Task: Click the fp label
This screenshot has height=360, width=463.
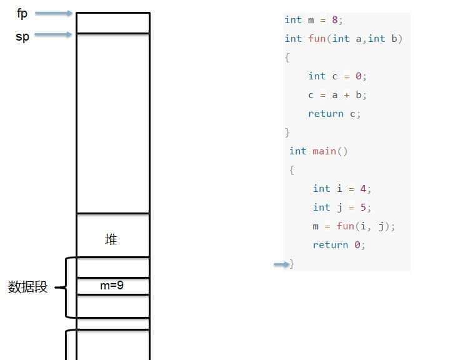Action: click(22, 13)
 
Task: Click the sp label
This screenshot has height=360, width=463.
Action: click(22, 36)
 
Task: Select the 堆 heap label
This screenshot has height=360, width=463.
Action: click(111, 239)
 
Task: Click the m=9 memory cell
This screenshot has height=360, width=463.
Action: click(112, 286)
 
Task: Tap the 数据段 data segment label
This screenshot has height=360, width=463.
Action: click(27, 287)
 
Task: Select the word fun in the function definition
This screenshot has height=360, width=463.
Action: click(317, 38)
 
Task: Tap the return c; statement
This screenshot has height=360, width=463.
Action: click(334, 113)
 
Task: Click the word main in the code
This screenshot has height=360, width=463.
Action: click(324, 151)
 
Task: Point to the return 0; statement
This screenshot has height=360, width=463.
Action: click(339, 244)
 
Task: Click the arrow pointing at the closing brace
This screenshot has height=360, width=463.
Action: click(281, 264)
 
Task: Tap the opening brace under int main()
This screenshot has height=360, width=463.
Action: click(292, 169)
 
